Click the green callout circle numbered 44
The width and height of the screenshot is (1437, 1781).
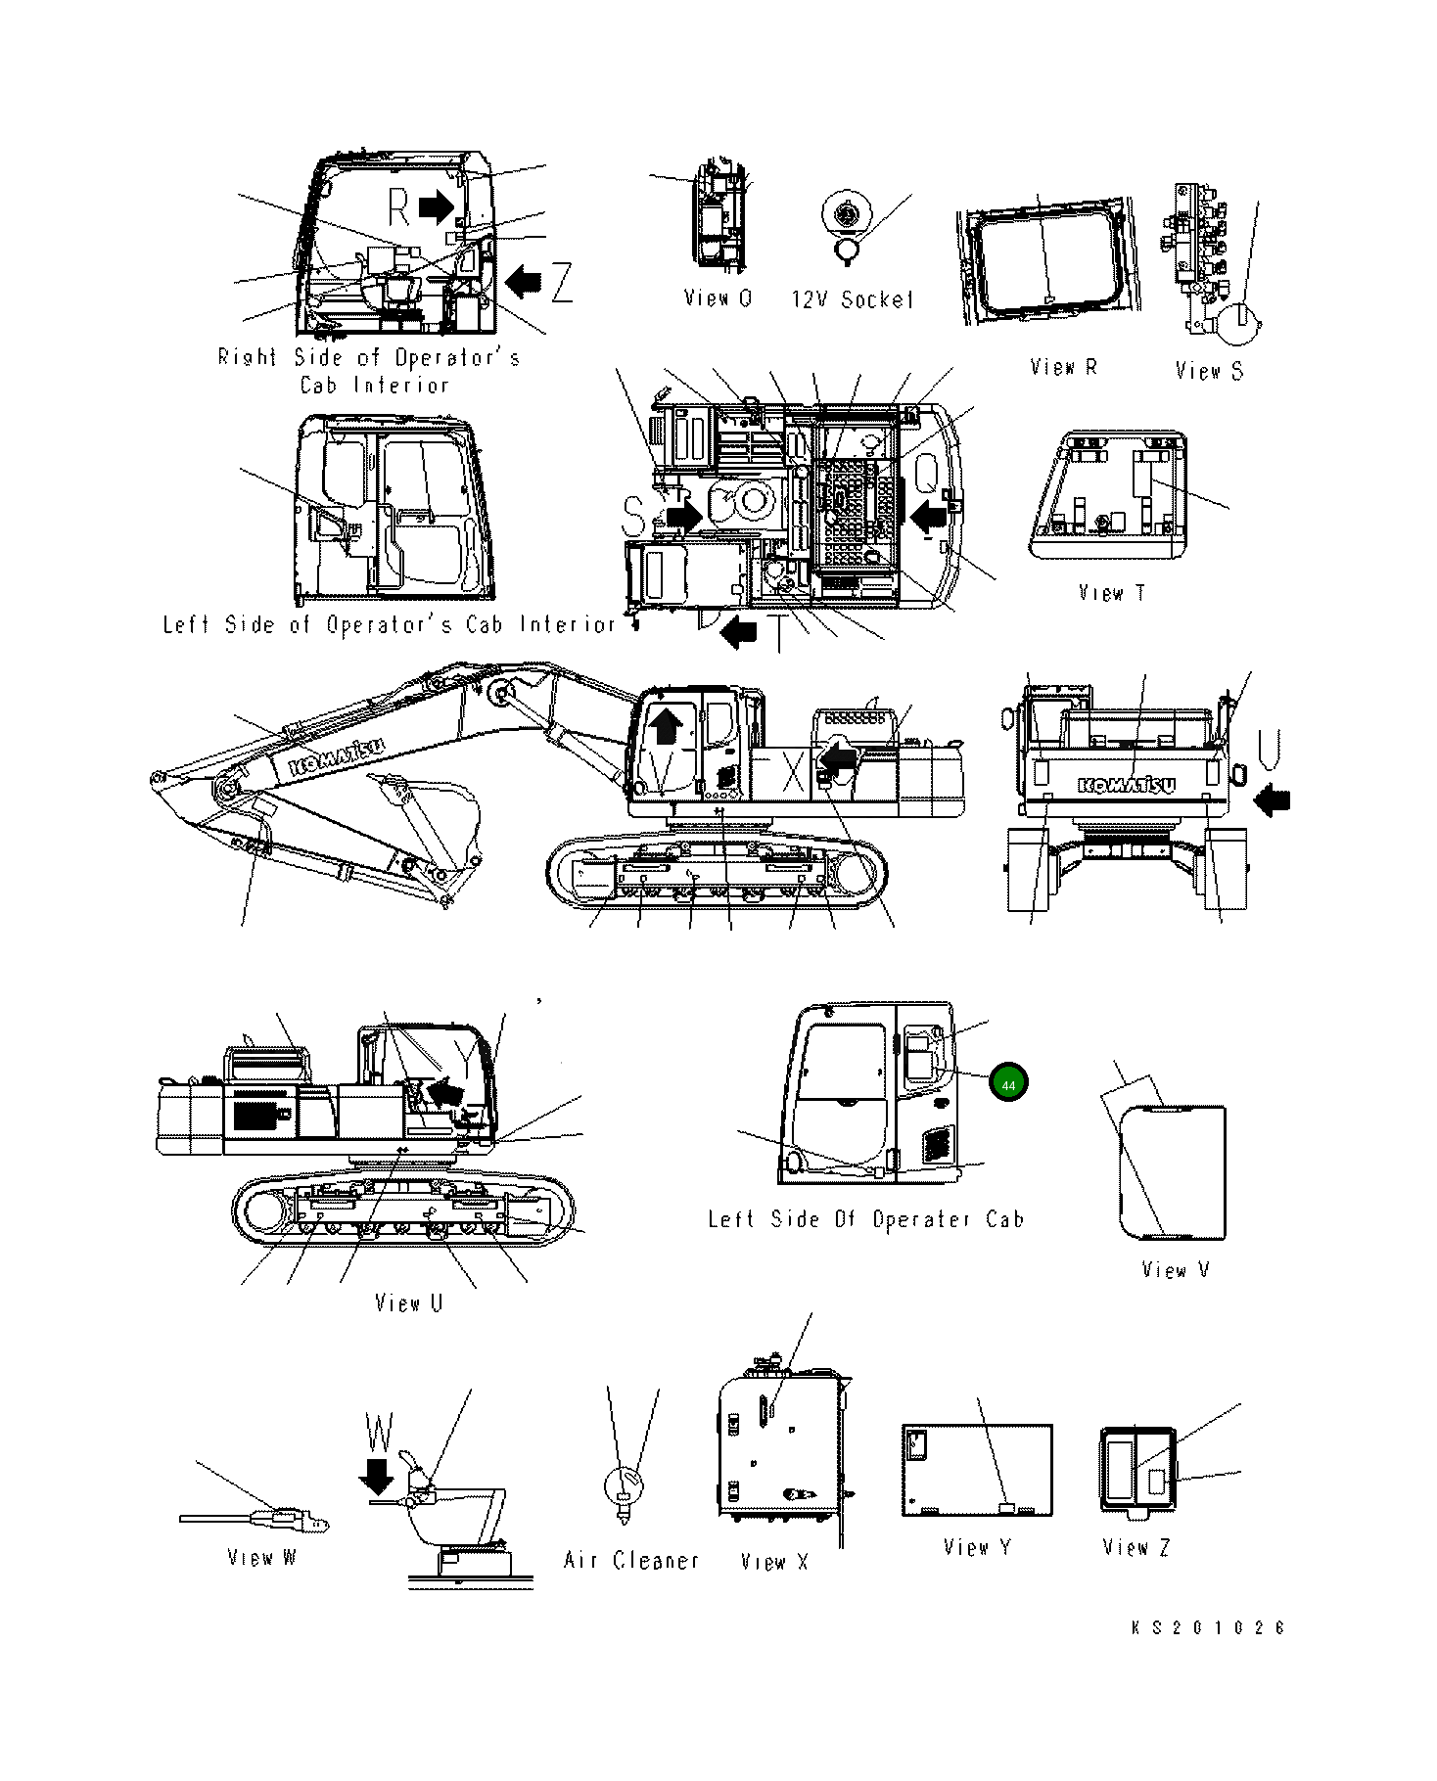(x=1008, y=1084)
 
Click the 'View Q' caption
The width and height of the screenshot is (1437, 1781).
(x=718, y=298)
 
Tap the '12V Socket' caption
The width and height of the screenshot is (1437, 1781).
(x=852, y=299)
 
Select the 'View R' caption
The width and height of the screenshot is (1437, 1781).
(x=1063, y=367)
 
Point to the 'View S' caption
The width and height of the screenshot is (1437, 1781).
(x=1209, y=370)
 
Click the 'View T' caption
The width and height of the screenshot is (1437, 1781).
(x=1111, y=593)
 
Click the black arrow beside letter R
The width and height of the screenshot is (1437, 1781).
(x=436, y=205)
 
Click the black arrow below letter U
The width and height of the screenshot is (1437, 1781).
(x=1272, y=800)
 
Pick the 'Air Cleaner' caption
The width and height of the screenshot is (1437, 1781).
(x=631, y=1560)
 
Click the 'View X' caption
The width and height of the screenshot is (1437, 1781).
(x=774, y=1561)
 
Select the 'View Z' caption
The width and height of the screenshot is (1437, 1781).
(x=1136, y=1547)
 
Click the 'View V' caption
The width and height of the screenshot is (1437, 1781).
(x=1175, y=1270)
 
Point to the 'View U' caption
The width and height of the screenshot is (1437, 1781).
(x=409, y=1303)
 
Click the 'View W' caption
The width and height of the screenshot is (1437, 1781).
(x=260, y=1557)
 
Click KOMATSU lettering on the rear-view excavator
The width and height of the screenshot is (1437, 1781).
(x=1127, y=784)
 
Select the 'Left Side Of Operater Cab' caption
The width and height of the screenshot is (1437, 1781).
(x=865, y=1219)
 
